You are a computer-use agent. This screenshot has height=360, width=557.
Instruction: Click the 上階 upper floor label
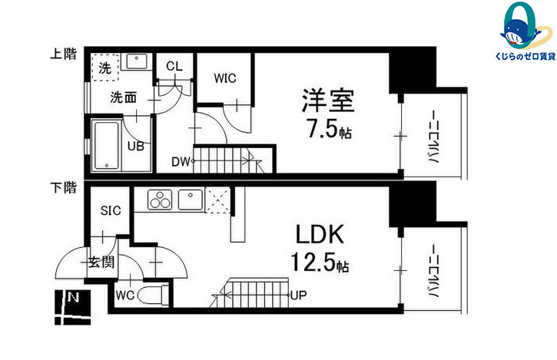[64, 54]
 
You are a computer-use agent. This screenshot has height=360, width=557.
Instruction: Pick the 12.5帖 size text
[320, 264]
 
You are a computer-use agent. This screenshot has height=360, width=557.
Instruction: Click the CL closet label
[174, 66]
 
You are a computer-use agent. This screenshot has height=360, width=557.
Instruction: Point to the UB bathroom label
[135, 146]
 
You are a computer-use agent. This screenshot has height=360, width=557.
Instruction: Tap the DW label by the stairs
[180, 161]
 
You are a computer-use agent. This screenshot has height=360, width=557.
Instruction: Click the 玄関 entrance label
[101, 263]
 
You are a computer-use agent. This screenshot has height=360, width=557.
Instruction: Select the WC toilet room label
[124, 294]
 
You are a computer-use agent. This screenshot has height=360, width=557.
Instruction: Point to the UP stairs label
[300, 294]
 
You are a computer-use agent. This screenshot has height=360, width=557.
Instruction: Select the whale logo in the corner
[516, 31]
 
